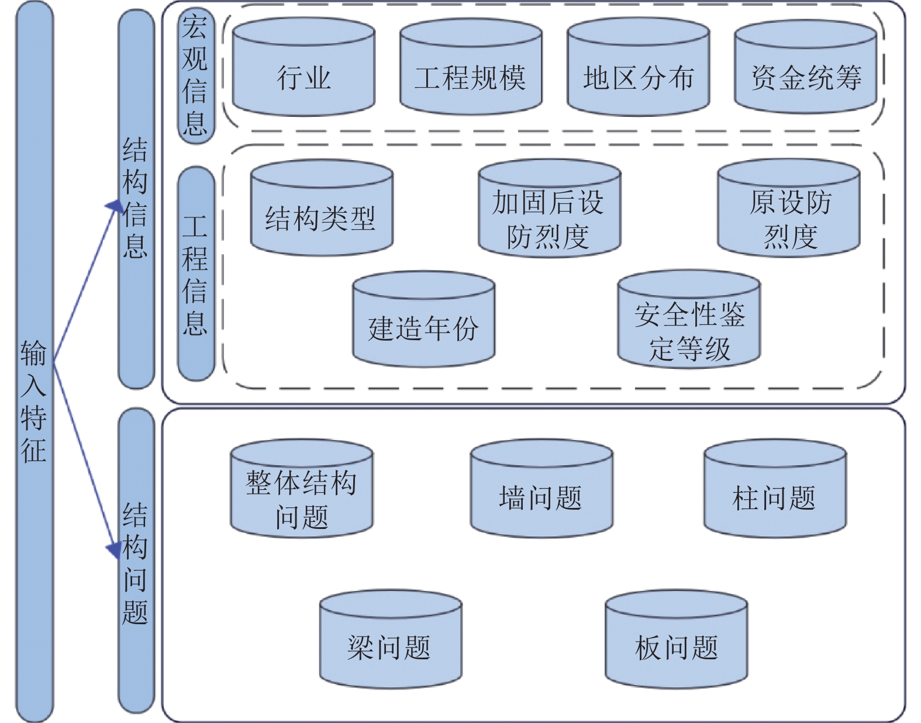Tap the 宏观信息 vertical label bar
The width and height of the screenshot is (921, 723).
click(x=196, y=75)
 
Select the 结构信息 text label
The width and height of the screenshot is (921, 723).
click(x=136, y=199)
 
